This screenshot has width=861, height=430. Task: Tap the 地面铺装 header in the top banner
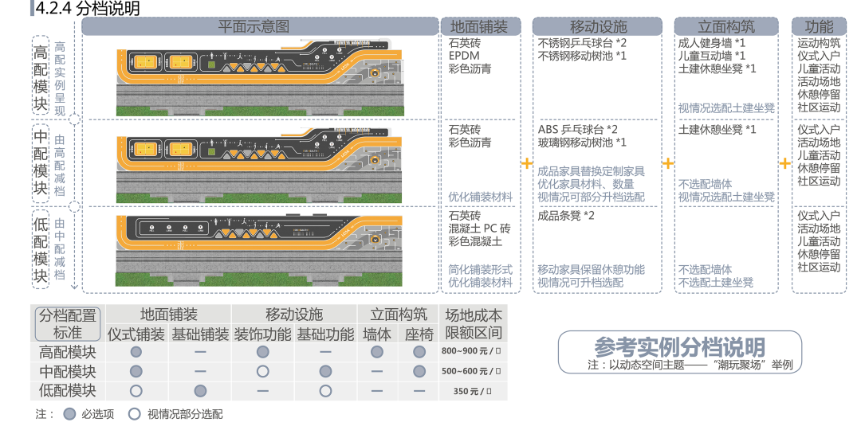coord(480,26)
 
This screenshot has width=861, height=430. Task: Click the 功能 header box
coord(820,26)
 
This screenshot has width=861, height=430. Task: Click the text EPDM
coord(463,56)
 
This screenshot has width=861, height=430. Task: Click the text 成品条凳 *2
coord(566,215)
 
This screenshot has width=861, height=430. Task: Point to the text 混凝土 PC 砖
coord(479,228)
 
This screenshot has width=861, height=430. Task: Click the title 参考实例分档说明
coord(679,347)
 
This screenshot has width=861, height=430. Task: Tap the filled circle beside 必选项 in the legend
coord(69,414)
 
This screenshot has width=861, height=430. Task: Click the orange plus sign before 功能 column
coord(785,163)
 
